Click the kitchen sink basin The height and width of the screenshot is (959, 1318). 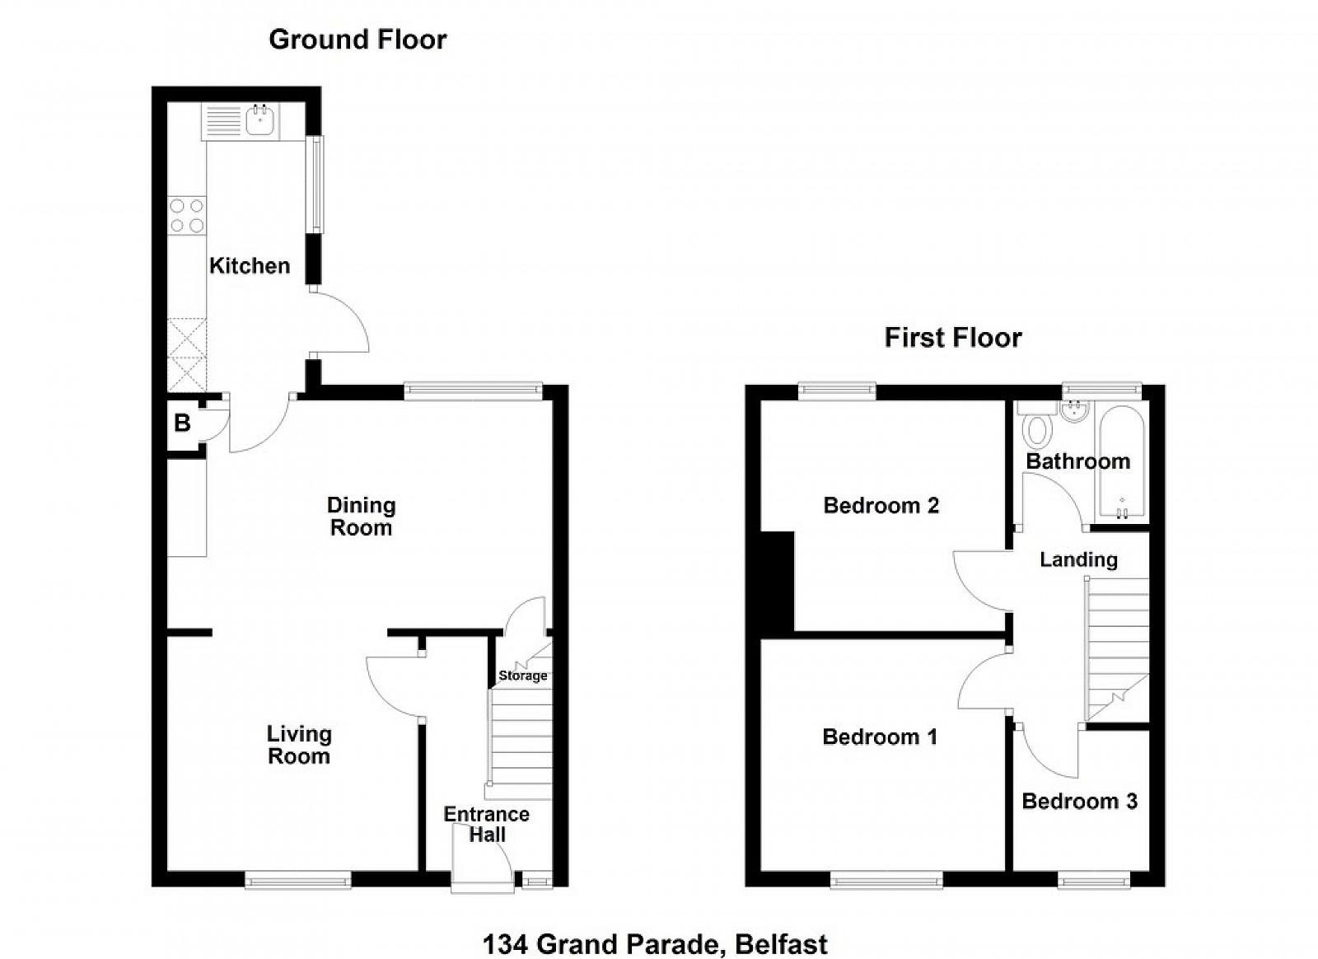(x=259, y=120)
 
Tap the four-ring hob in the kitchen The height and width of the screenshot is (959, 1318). (x=187, y=215)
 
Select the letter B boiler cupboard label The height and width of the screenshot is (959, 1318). (x=182, y=423)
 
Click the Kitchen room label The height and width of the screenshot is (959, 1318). (x=250, y=266)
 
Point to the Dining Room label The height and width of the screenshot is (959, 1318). (x=362, y=517)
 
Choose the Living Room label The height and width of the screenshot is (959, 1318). (x=299, y=745)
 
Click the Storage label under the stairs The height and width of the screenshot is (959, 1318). (x=522, y=676)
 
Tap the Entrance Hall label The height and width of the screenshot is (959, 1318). (x=487, y=824)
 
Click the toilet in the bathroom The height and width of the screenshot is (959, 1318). (x=1036, y=428)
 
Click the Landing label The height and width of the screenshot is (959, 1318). (x=1078, y=559)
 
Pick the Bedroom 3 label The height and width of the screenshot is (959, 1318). (x=1080, y=802)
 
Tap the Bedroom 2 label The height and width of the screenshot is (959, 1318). (x=881, y=505)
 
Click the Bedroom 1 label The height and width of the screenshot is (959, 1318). (x=880, y=737)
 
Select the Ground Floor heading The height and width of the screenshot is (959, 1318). (x=358, y=40)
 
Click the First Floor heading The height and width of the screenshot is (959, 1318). (x=953, y=339)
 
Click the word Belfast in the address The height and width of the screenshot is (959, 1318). (x=782, y=944)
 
